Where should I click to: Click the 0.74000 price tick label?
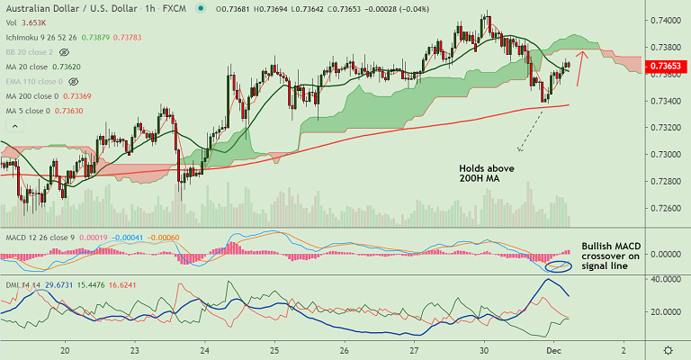[666, 20]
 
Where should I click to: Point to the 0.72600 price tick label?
[666, 209]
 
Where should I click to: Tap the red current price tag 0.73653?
[667, 66]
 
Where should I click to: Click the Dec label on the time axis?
[553, 349]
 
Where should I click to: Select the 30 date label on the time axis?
[484, 349]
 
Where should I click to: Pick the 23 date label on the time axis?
[134, 349]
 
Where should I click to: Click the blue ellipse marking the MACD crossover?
[559, 267]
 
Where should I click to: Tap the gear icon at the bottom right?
[667, 349]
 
